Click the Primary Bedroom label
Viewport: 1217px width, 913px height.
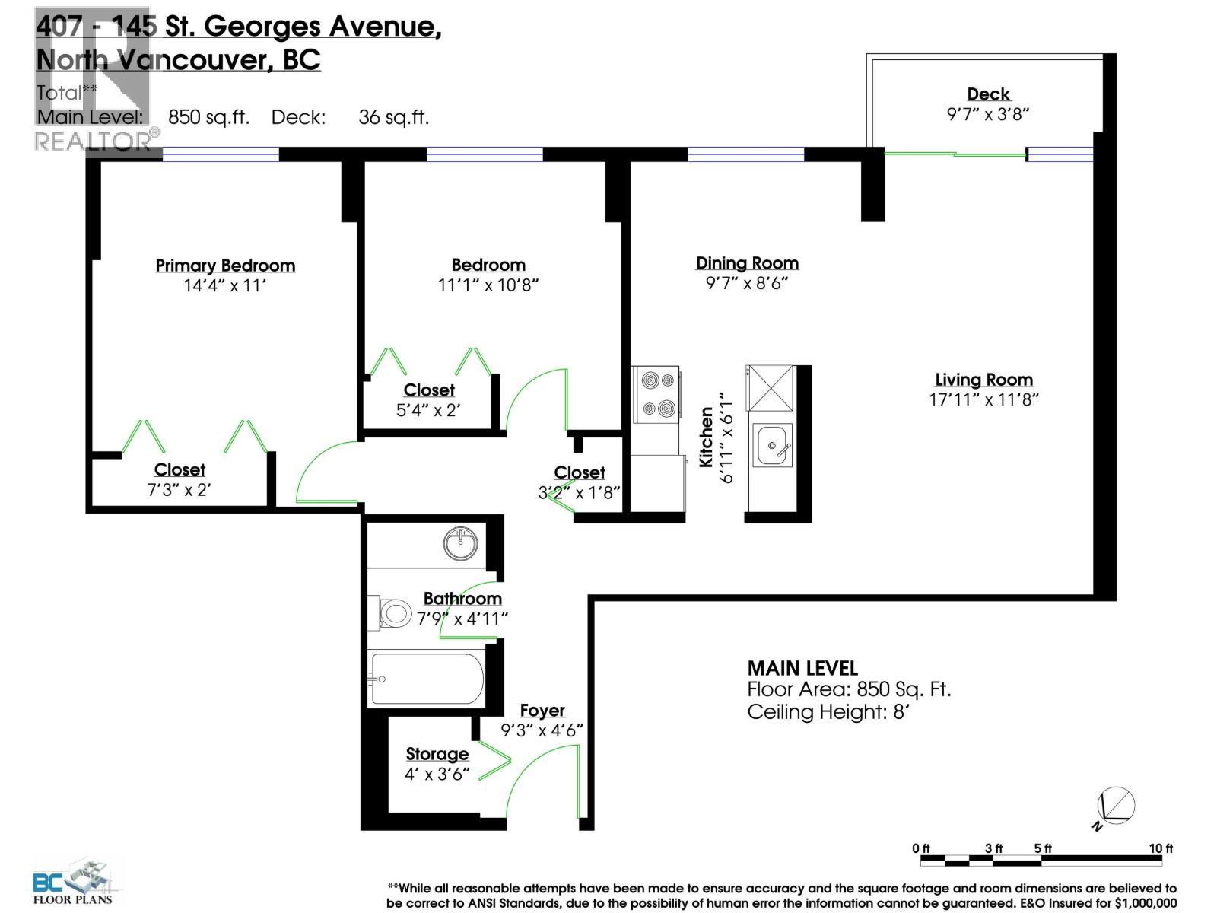point(225,266)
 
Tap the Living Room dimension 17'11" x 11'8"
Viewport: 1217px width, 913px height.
point(983,399)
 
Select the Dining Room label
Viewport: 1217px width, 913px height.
point(747,263)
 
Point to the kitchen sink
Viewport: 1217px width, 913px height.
point(773,444)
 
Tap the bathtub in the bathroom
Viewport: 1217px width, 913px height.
point(426,679)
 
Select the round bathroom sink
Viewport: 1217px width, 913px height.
point(461,544)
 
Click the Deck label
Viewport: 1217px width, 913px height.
point(988,94)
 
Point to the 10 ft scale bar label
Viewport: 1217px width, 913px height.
point(1161,848)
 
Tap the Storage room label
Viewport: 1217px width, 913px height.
point(437,754)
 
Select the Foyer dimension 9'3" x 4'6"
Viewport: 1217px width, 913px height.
point(542,730)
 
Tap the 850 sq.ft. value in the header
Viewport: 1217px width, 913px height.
point(208,117)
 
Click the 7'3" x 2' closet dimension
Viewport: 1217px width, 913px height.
point(179,490)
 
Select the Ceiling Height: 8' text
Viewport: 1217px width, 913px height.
point(828,712)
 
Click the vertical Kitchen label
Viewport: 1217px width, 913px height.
point(707,437)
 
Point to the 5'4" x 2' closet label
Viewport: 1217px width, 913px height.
point(428,410)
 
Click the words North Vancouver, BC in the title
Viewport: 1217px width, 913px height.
point(179,60)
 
